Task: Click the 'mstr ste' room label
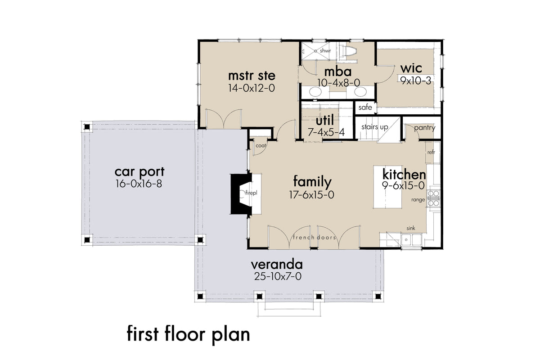coord(252,76)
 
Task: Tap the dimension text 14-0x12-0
coord(252,88)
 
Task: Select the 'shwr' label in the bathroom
coord(325,51)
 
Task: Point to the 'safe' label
coord(365,107)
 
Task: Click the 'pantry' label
coord(425,128)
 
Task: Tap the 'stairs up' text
coord(374,127)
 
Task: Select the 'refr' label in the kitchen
coord(431,152)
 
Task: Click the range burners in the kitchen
coord(433,198)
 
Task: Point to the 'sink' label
coord(411,228)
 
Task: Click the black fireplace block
coord(239,194)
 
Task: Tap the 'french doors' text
coord(315,238)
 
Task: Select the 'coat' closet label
coord(261,145)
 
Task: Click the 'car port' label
coord(139,172)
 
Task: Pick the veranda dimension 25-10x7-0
coord(278,276)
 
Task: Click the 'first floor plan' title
coord(188,334)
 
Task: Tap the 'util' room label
coord(325,120)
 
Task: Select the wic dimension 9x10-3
coord(416,81)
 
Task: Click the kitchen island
coord(388,187)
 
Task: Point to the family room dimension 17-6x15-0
coord(311,194)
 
